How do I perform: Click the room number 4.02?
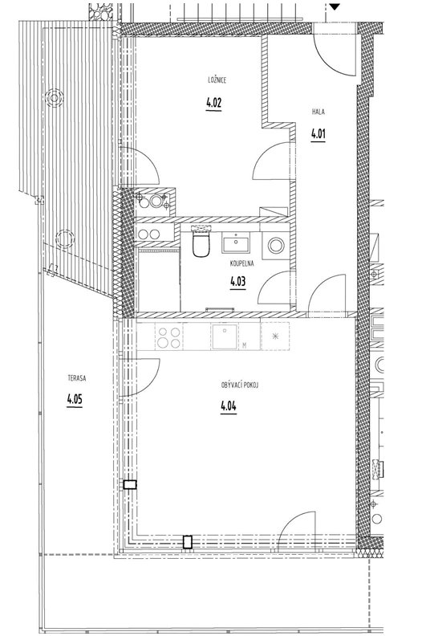213,103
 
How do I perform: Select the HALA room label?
319,112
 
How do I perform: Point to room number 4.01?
319,133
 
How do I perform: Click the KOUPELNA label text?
241,263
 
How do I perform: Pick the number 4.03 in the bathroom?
238,281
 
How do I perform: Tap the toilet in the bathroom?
201,243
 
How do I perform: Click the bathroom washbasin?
236,243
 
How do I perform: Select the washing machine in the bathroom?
277,246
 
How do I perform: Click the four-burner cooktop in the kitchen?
169,337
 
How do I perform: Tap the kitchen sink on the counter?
224,336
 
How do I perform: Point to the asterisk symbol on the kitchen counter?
275,336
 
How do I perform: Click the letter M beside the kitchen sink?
245,345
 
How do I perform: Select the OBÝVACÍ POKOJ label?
240,385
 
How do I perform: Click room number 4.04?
229,406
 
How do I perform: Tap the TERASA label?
77,378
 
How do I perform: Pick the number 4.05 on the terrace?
75,400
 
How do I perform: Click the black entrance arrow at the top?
335,6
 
